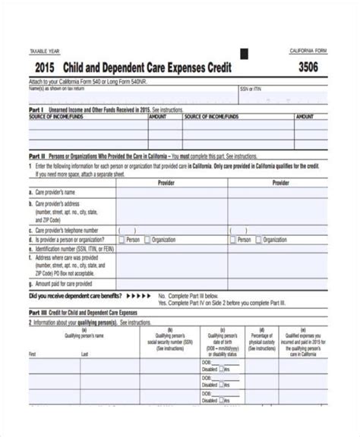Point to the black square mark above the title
click(x=245, y=54)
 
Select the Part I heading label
click(x=36, y=110)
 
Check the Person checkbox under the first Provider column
click(x=121, y=239)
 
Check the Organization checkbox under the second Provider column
click(x=258, y=239)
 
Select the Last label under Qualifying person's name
click(x=85, y=354)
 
